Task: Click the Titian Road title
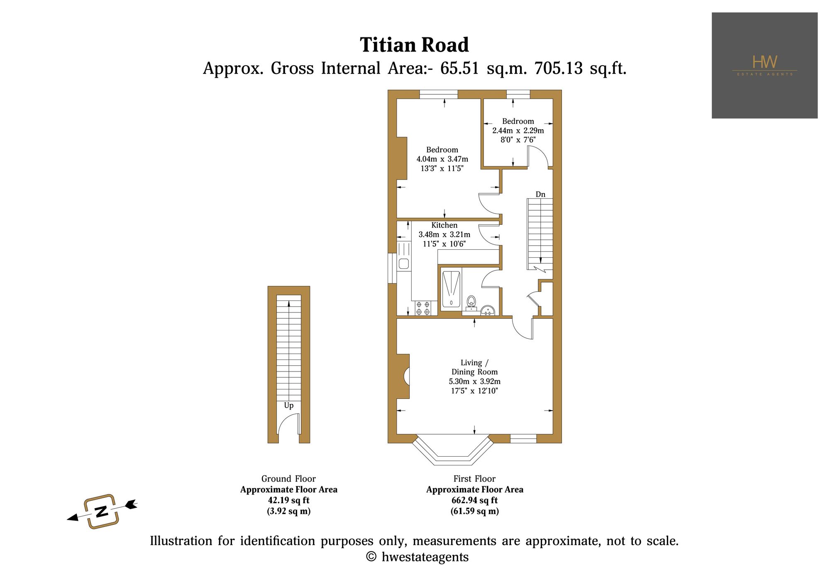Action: point(414,45)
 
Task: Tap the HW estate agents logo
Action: point(764,65)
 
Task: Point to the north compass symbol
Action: point(102,511)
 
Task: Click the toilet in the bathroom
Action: point(471,303)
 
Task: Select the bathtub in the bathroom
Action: point(451,289)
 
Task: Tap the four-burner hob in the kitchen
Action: point(422,308)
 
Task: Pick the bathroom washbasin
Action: point(488,310)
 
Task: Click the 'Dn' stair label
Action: point(540,194)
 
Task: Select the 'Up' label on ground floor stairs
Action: point(289,406)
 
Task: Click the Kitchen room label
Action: point(444,225)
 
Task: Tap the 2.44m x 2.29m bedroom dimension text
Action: point(518,130)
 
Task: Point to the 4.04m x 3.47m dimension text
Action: point(442,159)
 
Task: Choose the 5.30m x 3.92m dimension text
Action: point(474,381)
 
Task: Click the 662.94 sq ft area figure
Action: point(474,501)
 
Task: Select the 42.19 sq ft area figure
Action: point(289,501)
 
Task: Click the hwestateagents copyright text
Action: point(417,557)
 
